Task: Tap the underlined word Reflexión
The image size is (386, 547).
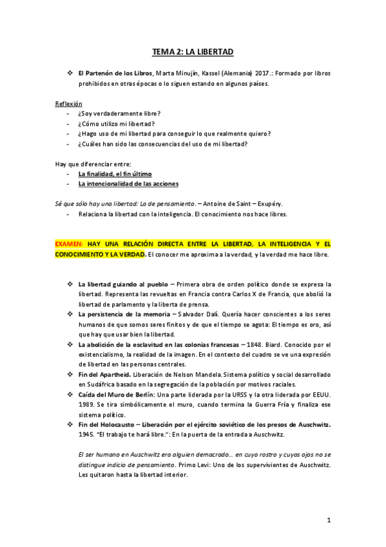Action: pyautogui.click(x=68, y=103)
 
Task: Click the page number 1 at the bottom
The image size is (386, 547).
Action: pyautogui.click(x=329, y=519)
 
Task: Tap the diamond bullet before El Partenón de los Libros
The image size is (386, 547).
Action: pyautogui.click(x=70, y=74)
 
